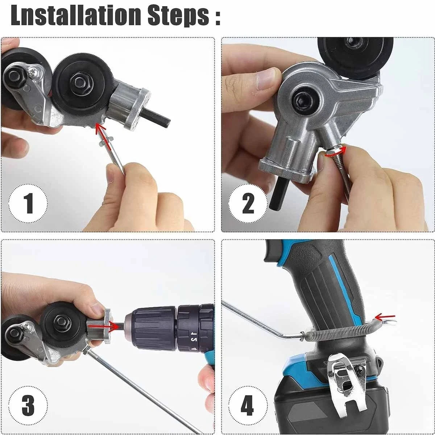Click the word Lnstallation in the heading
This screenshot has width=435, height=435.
tap(75, 15)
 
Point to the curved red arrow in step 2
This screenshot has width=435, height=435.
tap(335, 152)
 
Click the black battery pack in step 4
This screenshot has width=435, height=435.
tap(301, 410)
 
